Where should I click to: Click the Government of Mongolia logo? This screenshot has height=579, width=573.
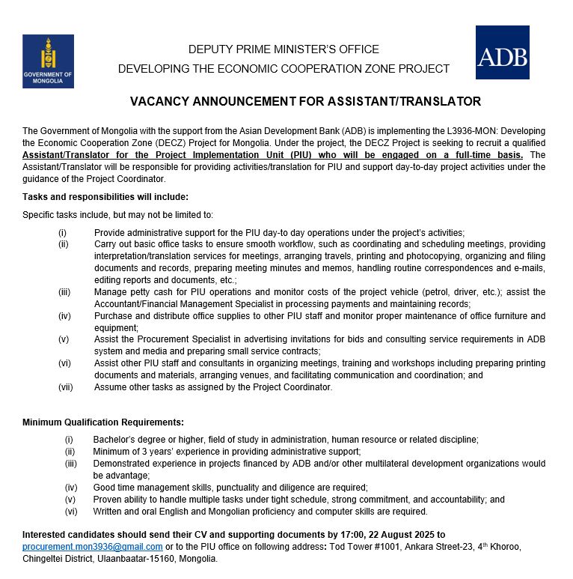coord(48,61)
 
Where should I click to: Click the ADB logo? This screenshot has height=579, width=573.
coord(502,52)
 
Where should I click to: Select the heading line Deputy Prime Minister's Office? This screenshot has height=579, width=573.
coord(284,49)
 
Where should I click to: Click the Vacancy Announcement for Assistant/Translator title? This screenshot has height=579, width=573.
coord(305,101)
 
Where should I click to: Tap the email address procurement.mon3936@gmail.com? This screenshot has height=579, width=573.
coord(93,547)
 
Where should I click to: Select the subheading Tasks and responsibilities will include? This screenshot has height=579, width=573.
coord(105,197)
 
